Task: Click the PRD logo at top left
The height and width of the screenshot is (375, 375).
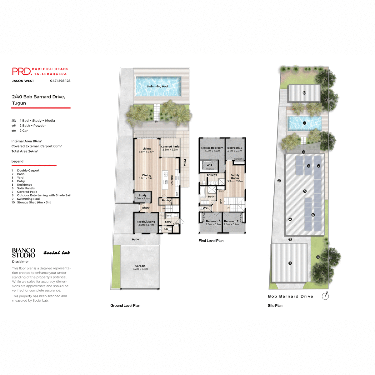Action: point(22,71)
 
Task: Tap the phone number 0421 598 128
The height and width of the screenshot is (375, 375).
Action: point(60,81)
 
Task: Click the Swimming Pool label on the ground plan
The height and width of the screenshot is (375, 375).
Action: point(157,86)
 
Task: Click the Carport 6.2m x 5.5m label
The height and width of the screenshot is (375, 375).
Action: point(140,267)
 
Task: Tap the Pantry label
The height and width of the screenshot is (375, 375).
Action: point(166,200)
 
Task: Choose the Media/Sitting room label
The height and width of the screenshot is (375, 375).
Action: point(146,223)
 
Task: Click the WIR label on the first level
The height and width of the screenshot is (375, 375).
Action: point(209,165)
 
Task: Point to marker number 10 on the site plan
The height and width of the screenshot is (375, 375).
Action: point(304,93)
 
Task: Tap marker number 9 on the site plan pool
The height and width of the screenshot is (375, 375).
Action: point(304,123)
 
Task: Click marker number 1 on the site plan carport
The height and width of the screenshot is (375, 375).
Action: point(290,263)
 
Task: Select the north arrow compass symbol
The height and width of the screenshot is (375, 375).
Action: point(325,296)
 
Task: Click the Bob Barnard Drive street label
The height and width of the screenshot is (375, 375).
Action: point(290,296)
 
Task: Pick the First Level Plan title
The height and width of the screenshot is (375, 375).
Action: point(211,241)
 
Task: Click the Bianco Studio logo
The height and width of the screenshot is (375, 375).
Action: point(23,253)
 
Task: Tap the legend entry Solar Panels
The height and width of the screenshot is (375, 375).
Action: point(26,188)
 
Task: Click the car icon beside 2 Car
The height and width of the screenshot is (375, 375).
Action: point(14,131)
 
